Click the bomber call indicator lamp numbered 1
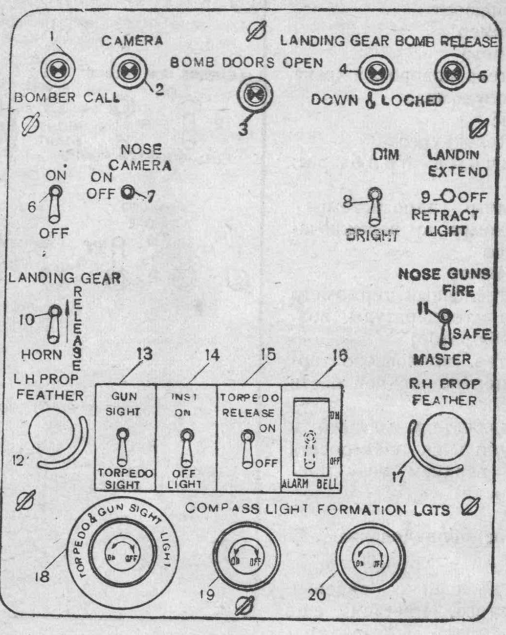tap(58, 70)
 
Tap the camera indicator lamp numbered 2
tap(129, 71)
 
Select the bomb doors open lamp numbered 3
tap(254, 93)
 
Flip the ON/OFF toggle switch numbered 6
tap(54, 204)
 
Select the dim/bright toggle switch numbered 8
tap(375, 207)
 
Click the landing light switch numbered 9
tap(449, 197)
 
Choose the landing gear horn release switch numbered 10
tap(54, 323)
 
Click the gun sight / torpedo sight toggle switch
tap(122, 446)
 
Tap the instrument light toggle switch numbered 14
tap(186, 447)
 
